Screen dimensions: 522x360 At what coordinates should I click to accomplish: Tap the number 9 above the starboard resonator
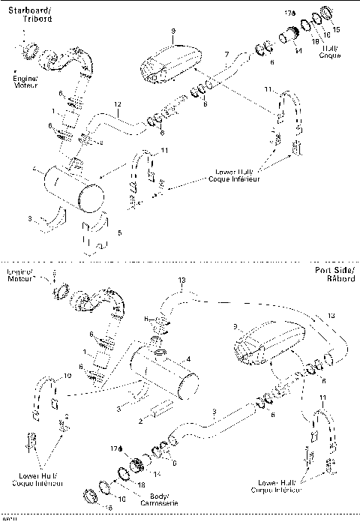pos(172,31)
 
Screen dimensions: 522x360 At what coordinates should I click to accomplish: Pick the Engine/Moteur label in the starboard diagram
pos(26,80)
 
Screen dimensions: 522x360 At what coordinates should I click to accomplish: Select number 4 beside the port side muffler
pos(188,359)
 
